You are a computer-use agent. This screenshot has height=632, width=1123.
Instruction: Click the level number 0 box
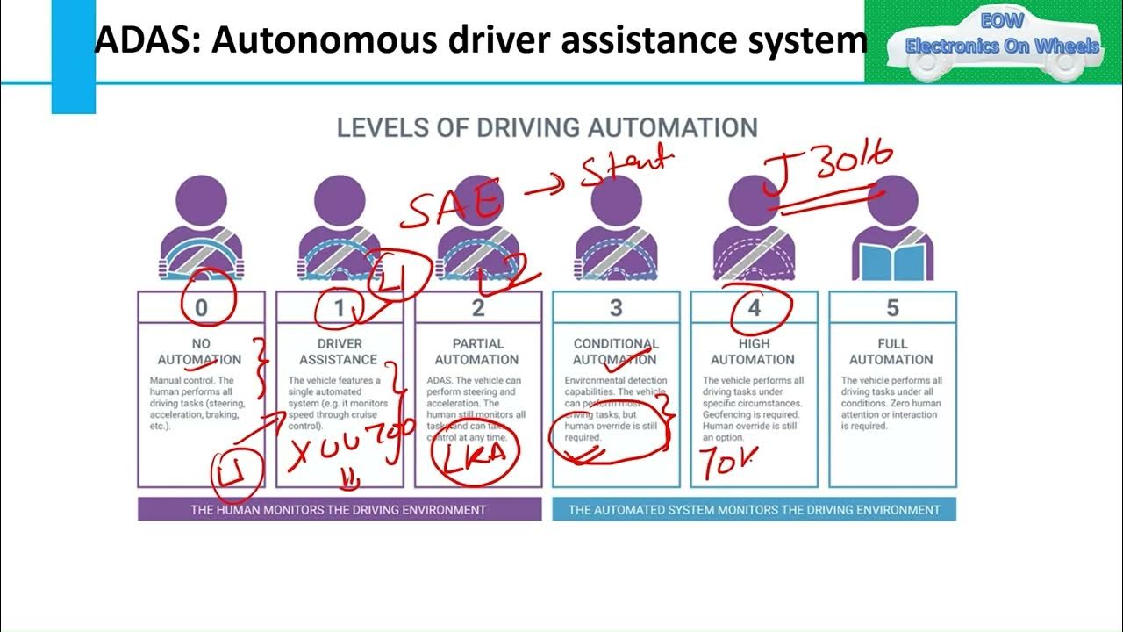pyautogui.click(x=202, y=308)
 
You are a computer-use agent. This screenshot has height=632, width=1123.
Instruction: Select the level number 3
pyautogui.click(x=616, y=308)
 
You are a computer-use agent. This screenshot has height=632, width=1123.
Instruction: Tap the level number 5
pyautogui.click(x=892, y=308)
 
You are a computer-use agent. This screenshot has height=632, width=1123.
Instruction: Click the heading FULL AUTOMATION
pyautogui.click(x=892, y=351)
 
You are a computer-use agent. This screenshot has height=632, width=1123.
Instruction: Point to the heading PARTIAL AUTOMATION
pyautogui.click(x=477, y=351)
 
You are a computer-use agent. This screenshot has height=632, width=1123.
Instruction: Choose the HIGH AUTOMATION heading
pyautogui.click(x=754, y=351)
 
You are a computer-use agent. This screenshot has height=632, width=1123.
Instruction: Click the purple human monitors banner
pyautogui.click(x=339, y=509)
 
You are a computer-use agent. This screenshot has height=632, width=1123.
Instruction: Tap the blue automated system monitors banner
pyautogui.click(x=754, y=509)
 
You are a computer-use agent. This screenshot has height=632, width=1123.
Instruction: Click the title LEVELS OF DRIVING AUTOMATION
pyautogui.click(x=547, y=127)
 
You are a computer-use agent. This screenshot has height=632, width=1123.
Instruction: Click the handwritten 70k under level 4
pyautogui.click(x=726, y=463)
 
